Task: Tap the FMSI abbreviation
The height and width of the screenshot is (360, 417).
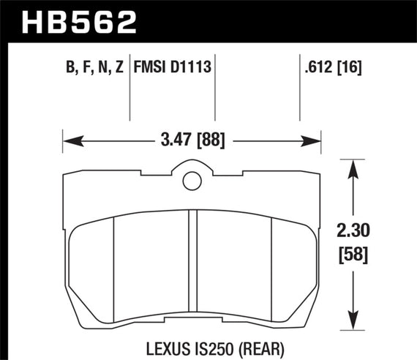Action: [x=151, y=68]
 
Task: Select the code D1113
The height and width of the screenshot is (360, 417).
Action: [x=191, y=68]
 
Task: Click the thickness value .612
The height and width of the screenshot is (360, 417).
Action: [x=317, y=68]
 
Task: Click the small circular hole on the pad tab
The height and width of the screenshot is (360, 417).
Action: [x=192, y=179]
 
